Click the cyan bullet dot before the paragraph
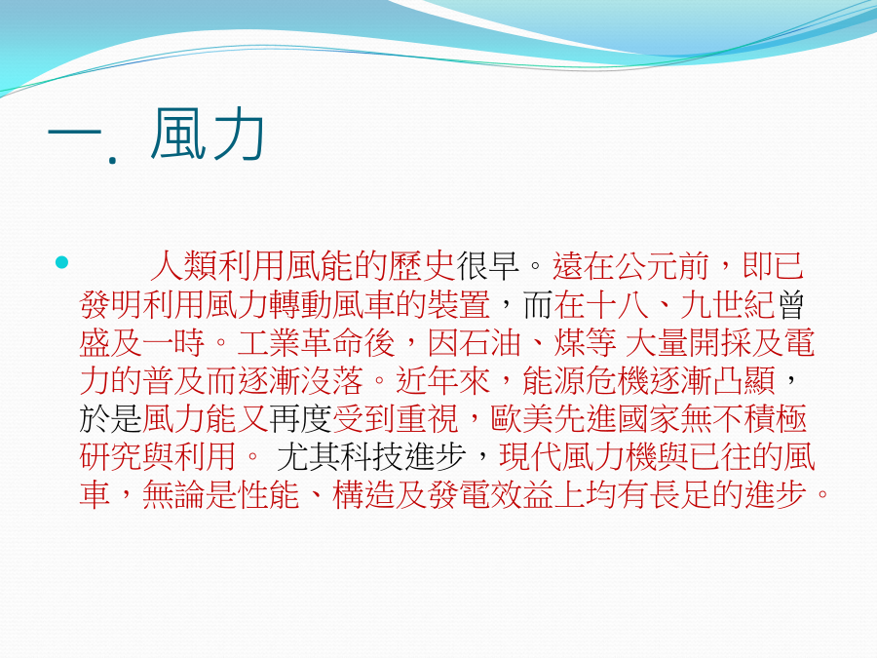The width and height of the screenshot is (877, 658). coord(61,262)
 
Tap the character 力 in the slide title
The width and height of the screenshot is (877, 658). coord(237,135)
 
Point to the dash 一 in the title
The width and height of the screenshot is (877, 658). coord(74,134)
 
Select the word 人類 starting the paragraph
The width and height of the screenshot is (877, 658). coord(181,266)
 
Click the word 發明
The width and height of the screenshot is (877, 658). coord(111,305)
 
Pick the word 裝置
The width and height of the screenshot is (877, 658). coord(458,305)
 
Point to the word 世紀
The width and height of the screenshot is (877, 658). coord(742,305)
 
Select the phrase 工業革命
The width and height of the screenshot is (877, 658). coord(300,343)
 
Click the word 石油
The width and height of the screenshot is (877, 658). coord(489,343)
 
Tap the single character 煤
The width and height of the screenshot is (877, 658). coord(569,343)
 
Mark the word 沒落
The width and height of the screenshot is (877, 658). coord(331,381)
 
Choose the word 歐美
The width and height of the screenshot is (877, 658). coord(521,419)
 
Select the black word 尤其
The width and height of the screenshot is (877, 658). coord(308,457)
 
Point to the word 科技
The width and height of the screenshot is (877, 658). coord(370,457)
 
